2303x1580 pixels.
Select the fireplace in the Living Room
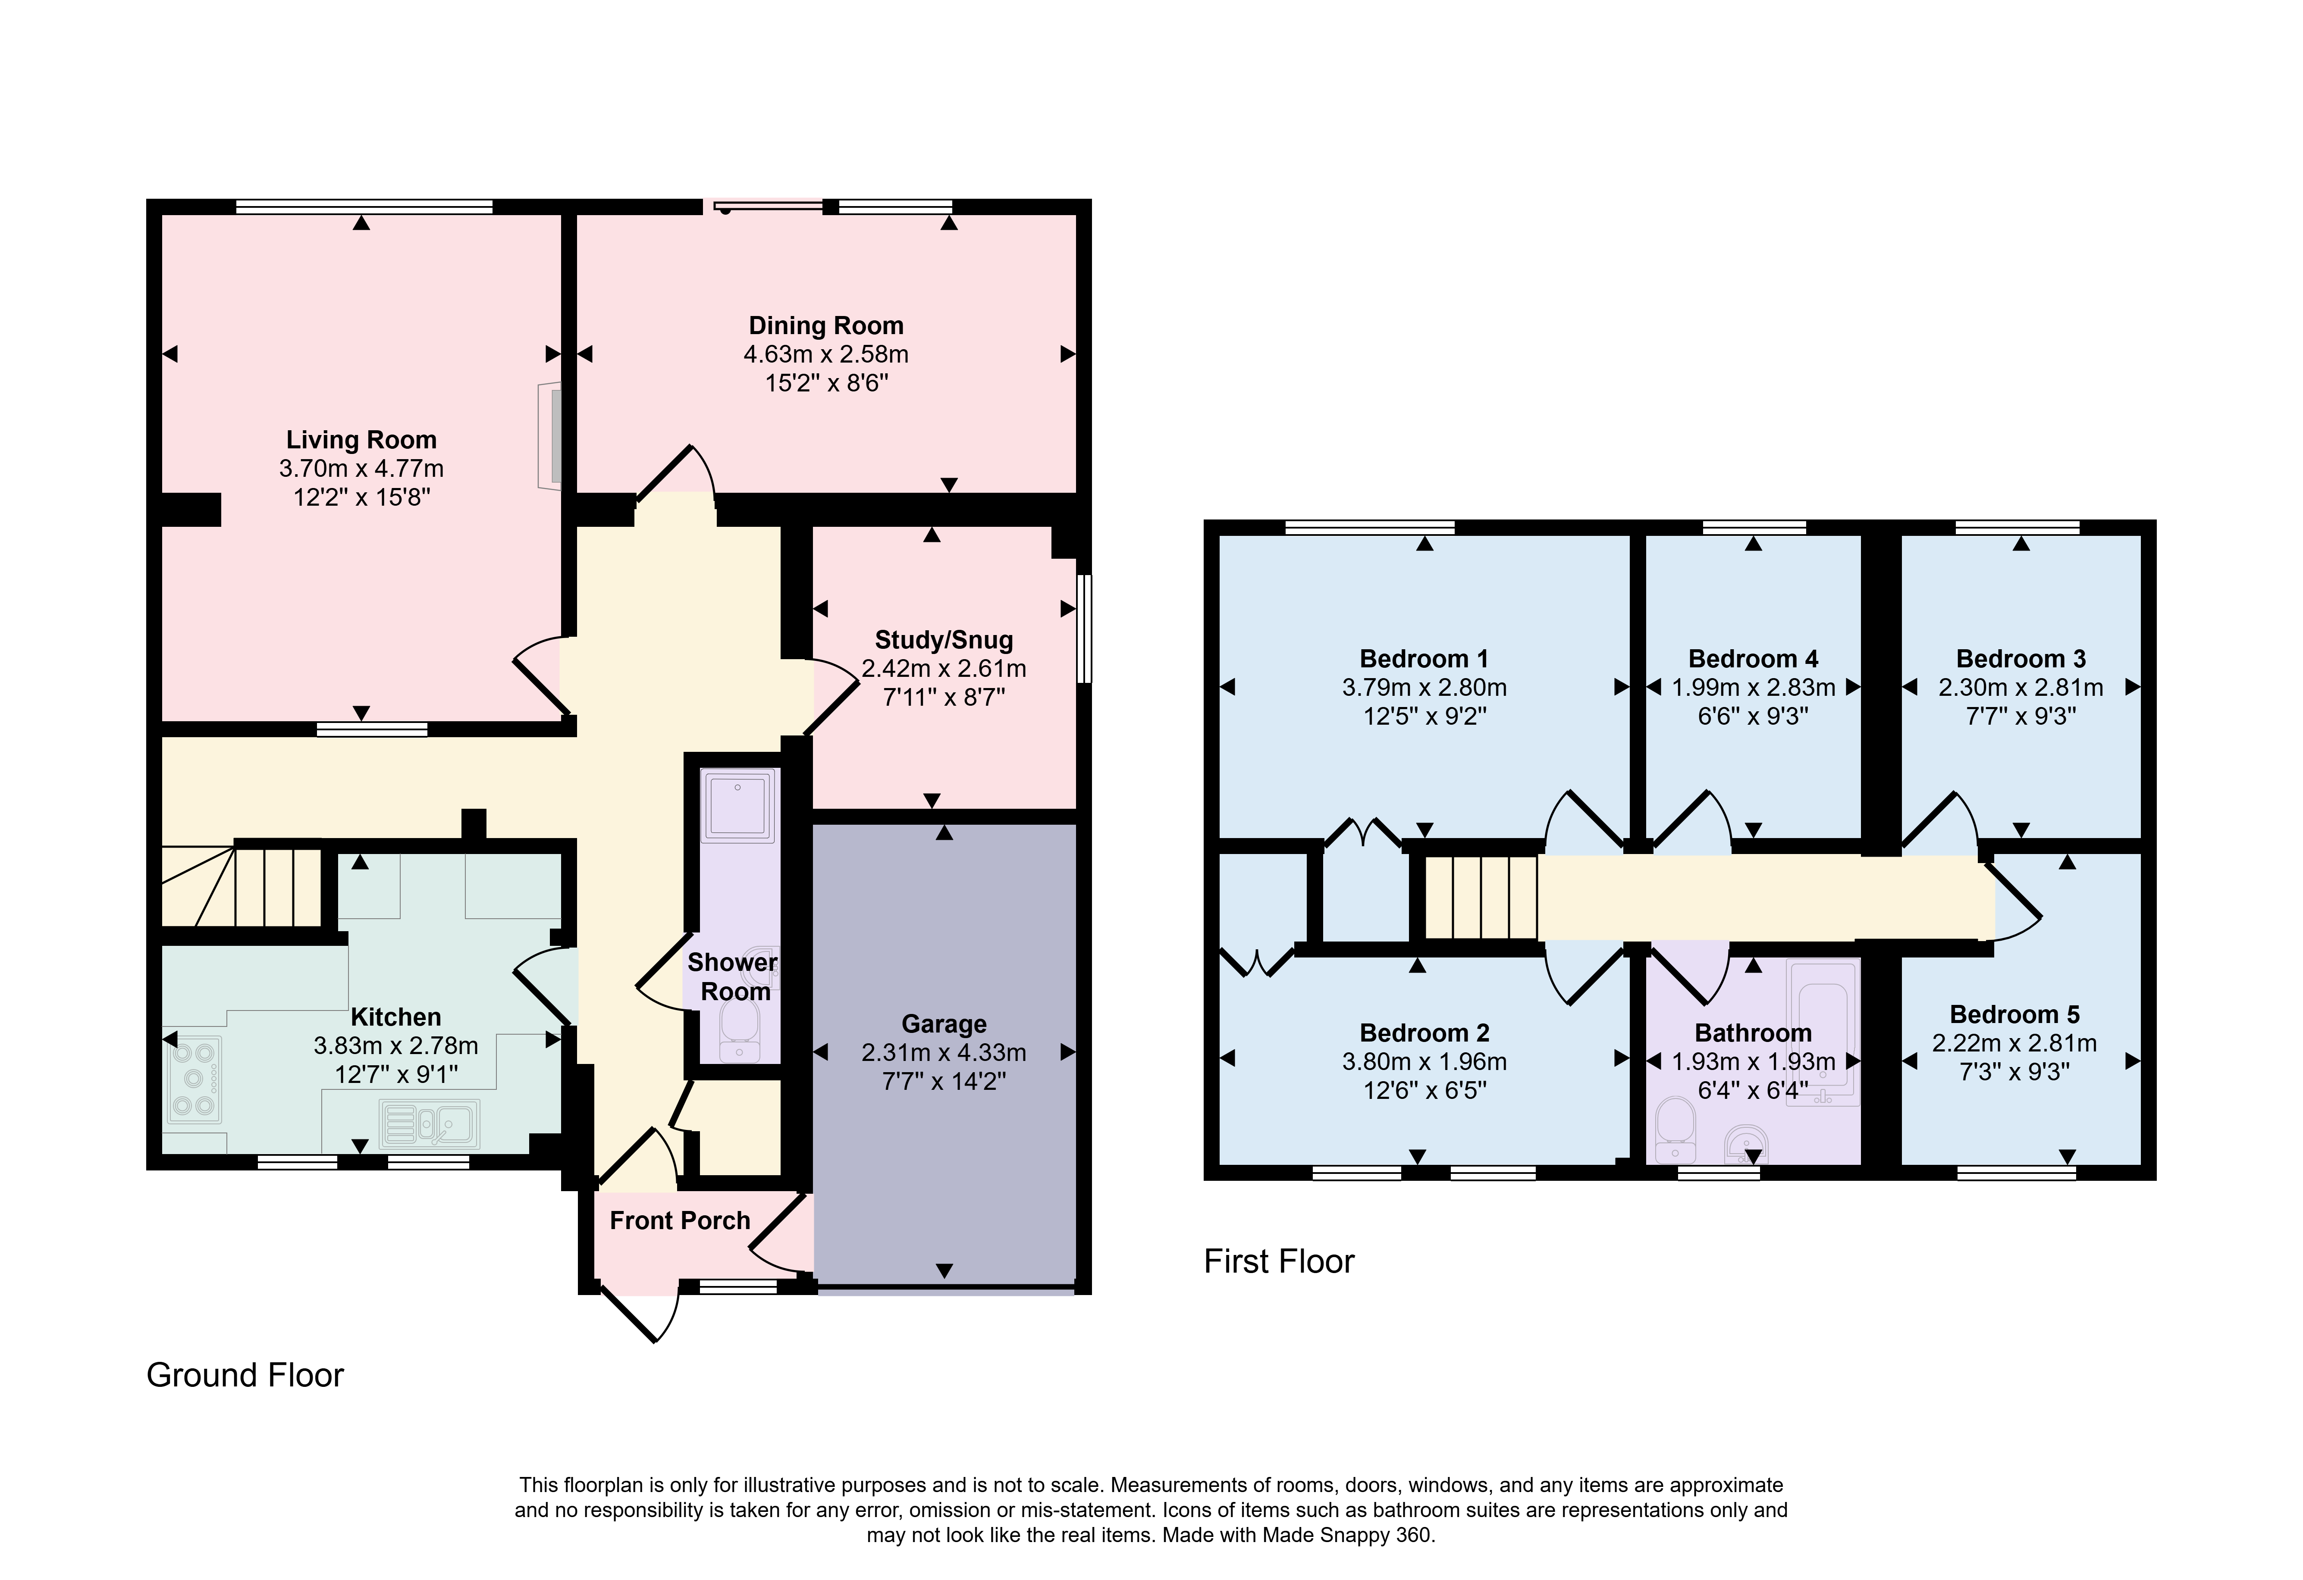(x=550, y=435)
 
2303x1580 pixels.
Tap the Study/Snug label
(x=943, y=640)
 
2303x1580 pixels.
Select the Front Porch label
(x=680, y=1220)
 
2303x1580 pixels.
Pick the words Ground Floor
(x=245, y=1375)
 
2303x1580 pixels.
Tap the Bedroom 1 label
(x=1424, y=659)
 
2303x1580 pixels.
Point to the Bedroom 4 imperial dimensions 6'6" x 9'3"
(x=1753, y=716)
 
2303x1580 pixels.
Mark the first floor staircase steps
(x=1481, y=897)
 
